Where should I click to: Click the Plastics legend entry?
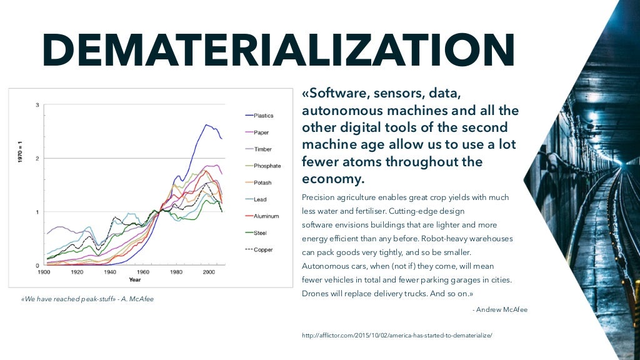(263, 116)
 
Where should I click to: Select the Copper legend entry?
(262, 250)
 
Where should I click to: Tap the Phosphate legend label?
(267, 166)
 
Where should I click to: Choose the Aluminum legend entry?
(266, 216)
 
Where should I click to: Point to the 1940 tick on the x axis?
(110, 272)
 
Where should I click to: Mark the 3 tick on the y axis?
(37, 105)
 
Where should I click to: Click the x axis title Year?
(135, 279)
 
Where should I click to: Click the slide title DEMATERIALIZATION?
(279, 50)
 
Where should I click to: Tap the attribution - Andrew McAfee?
(500, 309)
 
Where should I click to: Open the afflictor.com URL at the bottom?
(397, 336)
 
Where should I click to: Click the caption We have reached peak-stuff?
(87, 299)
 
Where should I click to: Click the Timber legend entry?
(262, 149)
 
